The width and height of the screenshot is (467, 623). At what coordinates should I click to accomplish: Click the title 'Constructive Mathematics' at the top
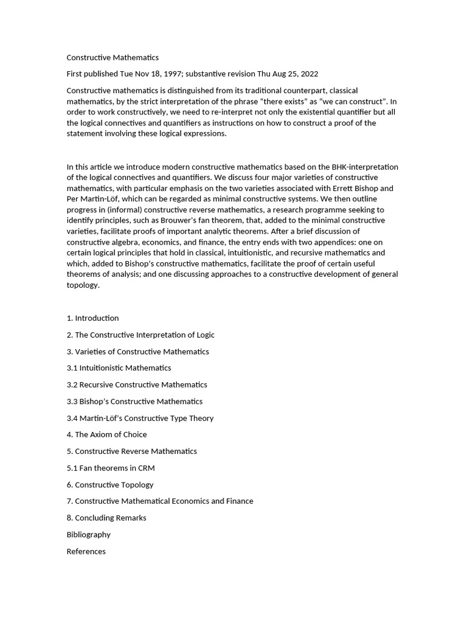coord(112,58)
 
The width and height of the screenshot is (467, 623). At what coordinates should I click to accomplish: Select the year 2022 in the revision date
coord(308,74)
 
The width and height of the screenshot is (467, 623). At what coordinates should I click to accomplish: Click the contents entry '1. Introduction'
coord(92,318)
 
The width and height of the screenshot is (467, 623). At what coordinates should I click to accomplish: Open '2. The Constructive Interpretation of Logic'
coord(140,335)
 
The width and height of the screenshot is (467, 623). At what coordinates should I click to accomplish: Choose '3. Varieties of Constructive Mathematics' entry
coord(137,352)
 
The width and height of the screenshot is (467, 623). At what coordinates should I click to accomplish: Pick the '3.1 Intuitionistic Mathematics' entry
coord(119,368)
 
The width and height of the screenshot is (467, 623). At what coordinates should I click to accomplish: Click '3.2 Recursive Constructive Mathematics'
coord(137,385)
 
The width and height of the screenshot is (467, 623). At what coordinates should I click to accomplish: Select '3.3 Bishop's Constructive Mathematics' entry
coord(134,402)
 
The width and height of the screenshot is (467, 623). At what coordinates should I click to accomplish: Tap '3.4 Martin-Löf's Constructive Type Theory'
coord(140,418)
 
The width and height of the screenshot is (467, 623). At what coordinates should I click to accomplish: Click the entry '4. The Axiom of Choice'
coord(106,434)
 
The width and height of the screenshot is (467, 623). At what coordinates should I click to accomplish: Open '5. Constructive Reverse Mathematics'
coord(131,451)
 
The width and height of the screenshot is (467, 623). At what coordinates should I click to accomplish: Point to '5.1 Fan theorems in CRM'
coord(111,468)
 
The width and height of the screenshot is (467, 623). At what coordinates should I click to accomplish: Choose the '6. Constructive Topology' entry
coord(109,485)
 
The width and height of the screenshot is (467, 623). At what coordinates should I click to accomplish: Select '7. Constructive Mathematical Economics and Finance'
coord(159,501)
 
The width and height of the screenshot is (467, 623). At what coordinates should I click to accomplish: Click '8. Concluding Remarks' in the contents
coord(106,518)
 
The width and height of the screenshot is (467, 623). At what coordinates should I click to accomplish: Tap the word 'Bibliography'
coord(89,535)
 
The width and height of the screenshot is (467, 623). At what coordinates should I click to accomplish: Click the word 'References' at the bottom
coord(86,551)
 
